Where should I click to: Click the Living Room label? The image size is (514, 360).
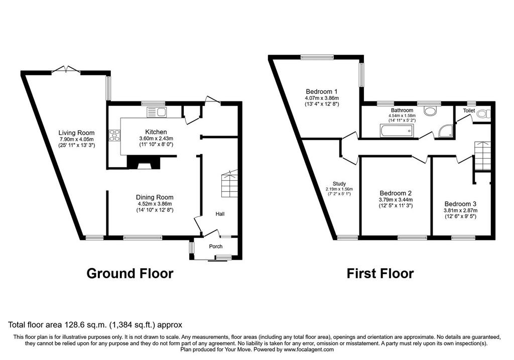(x=76, y=133)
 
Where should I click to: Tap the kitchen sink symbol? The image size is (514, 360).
(x=157, y=112)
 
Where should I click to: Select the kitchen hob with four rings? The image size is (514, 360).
(x=115, y=136)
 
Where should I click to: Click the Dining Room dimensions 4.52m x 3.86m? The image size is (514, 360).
(x=155, y=204)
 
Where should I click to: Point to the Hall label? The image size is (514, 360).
(x=220, y=214)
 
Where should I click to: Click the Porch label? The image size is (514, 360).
(x=216, y=247)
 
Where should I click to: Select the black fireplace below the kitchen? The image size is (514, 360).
(x=144, y=162)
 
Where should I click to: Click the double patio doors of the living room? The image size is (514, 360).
(x=66, y=69)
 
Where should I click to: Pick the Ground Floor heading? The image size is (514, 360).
(x=130, y=273)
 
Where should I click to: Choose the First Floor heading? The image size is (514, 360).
(x=380, y=273)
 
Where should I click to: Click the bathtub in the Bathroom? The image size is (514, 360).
(x=396, y=131)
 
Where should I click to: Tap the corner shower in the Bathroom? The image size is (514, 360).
(x=446, y=132)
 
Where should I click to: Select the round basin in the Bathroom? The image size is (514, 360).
(x=430, y=111)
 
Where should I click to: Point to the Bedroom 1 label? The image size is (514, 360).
(x=322, y=91)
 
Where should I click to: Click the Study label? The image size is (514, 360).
(x=339, y=184)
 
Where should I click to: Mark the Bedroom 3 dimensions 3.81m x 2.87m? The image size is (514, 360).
(x=461, y=210)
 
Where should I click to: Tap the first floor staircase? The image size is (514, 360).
(x=482, y=156)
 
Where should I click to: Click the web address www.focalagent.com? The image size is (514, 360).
(x=309, y=349)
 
